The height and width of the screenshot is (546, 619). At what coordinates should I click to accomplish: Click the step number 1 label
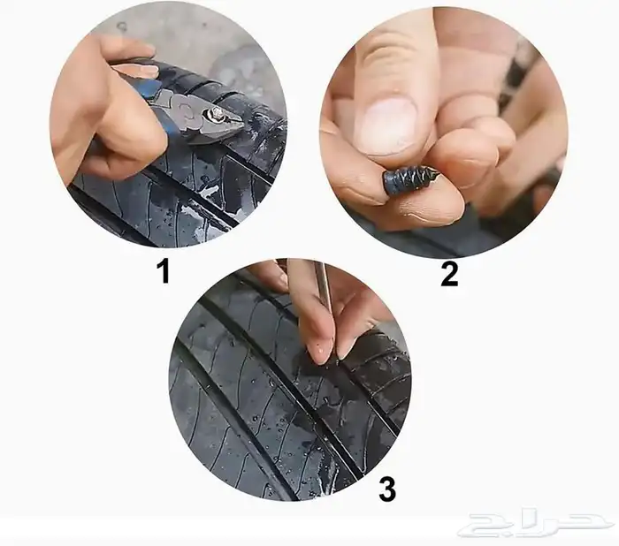(163, 271)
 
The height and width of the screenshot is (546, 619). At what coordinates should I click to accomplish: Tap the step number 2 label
(449, 273)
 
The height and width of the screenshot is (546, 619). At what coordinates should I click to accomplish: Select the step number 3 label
(387, 489)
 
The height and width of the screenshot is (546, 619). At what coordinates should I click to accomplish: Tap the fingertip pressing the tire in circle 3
(321, 354)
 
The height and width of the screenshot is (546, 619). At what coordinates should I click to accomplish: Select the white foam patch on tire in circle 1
(205, 193)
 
